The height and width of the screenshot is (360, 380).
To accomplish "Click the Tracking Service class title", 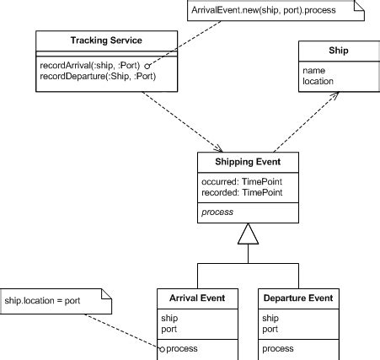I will pos(107,40).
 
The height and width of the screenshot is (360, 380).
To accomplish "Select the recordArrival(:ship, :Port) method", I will pos(89,65).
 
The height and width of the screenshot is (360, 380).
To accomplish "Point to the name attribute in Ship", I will pos(313,71).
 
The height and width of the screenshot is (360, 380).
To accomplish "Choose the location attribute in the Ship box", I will pos(318,81).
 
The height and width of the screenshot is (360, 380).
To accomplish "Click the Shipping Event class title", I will pos(247,163).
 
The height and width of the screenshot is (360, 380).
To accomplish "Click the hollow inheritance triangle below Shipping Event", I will pos(248,234).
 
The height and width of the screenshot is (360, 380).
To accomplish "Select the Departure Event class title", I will pos(299,298).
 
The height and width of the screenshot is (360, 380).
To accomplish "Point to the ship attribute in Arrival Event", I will pos(170,318).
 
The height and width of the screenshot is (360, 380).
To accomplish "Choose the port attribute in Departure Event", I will pos(270,329).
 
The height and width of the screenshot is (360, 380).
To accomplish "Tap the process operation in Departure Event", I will pos(278,348).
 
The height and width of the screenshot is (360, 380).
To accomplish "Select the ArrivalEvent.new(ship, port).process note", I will pos(262,10).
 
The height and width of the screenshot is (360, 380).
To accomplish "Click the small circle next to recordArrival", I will pos(147,65).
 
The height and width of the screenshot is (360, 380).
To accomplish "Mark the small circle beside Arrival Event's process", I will pos(163,348).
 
